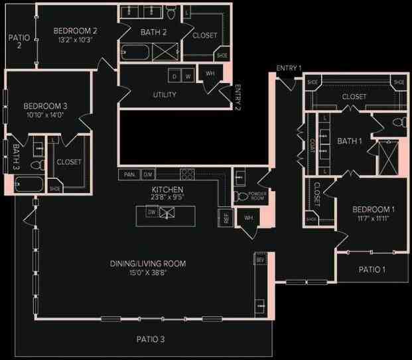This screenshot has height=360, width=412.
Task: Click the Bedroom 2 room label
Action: tap(75, 30)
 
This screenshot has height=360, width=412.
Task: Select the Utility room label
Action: tap(165, 95)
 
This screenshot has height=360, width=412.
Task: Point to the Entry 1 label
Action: tap(289, 68)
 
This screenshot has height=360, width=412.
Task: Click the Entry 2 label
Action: tap(237, 97)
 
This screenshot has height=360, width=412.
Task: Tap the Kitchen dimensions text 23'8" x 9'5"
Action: tap(163, 197)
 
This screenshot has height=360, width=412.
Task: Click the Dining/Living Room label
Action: tap(147, 264)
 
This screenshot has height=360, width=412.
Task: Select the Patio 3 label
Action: tap(151, 339)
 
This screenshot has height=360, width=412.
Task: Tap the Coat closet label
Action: tap(311, 145)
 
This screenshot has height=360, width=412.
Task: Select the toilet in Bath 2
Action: tap(171, 13)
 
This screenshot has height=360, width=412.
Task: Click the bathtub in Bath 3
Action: tap(30, 185)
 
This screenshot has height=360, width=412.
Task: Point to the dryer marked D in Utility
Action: tap(174, 76)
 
